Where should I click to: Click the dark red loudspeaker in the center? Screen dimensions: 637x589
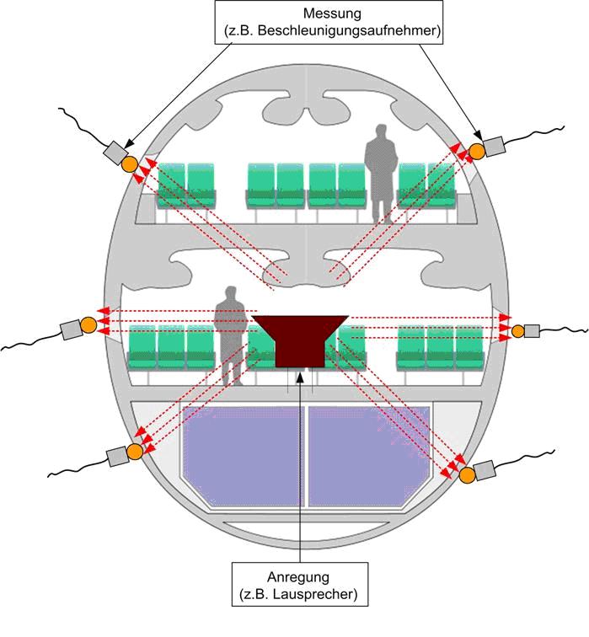coord(300,339)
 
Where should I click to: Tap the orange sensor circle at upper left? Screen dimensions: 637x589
coord(129,164)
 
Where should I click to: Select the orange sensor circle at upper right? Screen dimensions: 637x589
coord(476,151)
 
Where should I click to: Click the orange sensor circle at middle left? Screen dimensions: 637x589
coord(88,325)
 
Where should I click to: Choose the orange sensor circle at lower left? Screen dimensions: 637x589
coord(135,452)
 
